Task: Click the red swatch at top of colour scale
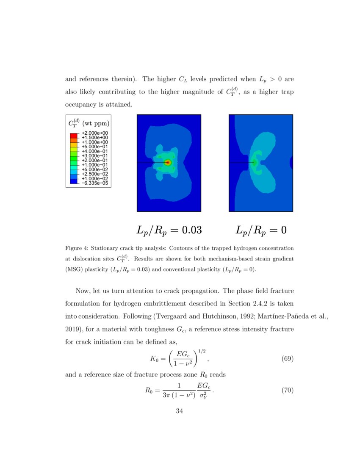[73, 135]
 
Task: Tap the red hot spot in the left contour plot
[168, 162]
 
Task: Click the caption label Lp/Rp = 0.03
[169, 230]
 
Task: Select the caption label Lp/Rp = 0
[261, 230]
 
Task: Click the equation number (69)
[288, 359]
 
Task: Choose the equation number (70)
[288, 391]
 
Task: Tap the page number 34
[180, 411]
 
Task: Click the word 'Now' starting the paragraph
[82, 291]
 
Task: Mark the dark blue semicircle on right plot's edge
[291, 162]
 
